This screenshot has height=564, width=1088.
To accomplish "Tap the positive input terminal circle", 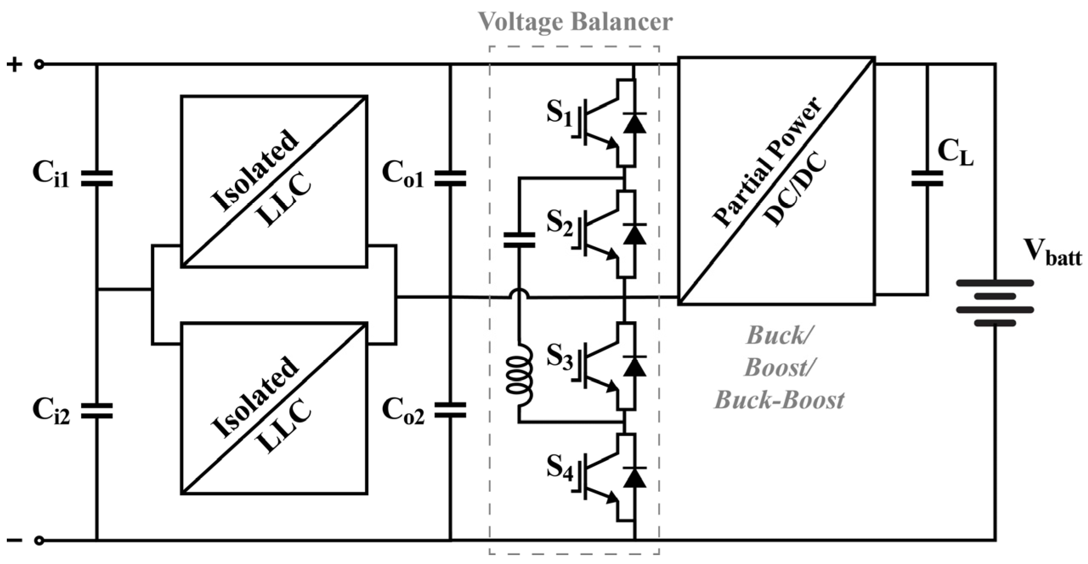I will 39,65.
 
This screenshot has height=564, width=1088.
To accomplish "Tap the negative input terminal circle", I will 39,541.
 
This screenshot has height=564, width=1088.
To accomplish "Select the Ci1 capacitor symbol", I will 97,179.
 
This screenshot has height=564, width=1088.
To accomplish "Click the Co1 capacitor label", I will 402,174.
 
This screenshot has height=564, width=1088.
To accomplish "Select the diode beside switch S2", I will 635,234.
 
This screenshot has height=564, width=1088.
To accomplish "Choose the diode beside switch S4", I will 635,477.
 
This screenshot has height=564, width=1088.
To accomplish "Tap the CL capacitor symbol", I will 927,179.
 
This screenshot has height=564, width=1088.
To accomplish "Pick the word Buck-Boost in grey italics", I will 780,401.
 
